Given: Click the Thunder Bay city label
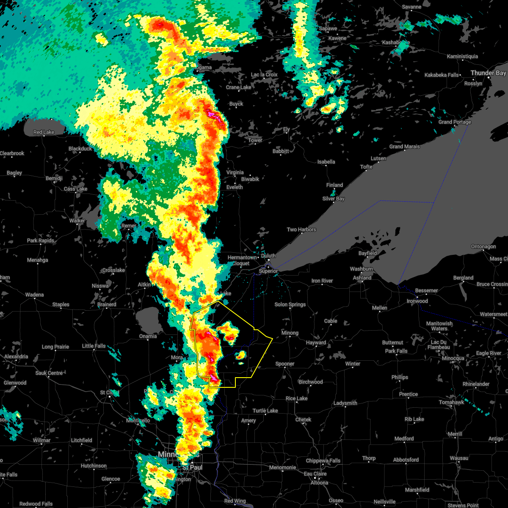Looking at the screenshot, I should [x=488, y=73].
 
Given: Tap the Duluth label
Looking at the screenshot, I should [x=268, y=256].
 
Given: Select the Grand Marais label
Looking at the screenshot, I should [x=404, y=146].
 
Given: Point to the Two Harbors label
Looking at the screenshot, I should [x=301, y=229].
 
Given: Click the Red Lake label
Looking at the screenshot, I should [x=44, y=132].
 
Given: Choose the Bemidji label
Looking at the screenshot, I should [x=54, y=178].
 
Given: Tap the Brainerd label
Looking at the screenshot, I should [x=107, y=304].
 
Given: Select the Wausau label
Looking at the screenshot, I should [x=459, y=458].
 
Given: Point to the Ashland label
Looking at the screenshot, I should [x=362, y=278].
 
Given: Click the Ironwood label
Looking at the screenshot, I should [x=417, y=301].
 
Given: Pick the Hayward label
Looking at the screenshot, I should [x=316, y=342].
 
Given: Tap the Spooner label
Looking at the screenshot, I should [x=285, y=364].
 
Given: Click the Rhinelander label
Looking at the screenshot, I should [x=476, y=384].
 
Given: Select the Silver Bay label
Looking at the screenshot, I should [x=333, y=199].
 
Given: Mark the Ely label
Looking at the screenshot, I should [x=287, y=129].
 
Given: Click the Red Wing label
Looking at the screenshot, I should [x=235, y=501].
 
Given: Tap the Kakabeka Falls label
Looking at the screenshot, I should [x=442, y=75].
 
